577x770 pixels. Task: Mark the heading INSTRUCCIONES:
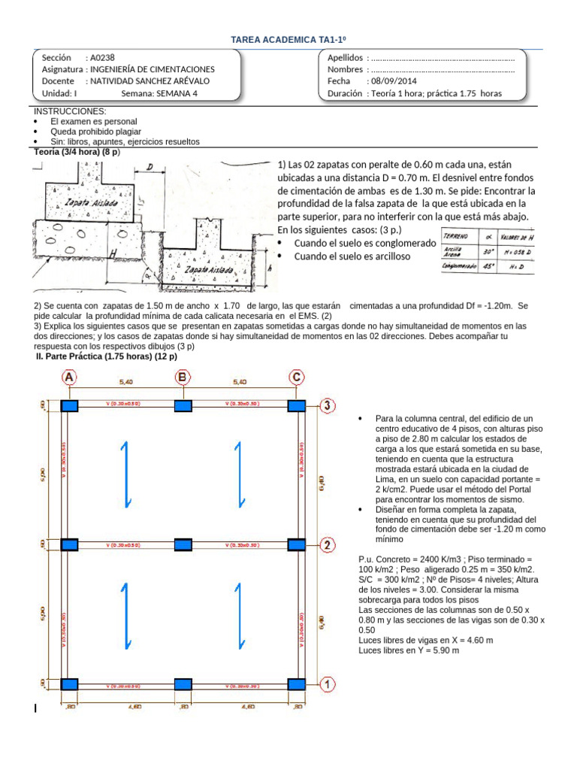point(66,111)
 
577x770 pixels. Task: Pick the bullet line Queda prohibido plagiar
point(93,131)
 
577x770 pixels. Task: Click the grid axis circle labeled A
point(69,377)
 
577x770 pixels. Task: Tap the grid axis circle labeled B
point(183,377)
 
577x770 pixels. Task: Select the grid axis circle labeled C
point(298,377)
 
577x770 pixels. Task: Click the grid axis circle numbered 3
point(327,406)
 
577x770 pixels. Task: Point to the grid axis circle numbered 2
point(327,544)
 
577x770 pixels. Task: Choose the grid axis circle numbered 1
point(327,684)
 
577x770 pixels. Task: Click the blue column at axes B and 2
point(183,544)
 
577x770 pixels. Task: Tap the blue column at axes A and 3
point(69,406)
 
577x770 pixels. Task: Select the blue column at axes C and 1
point(298,684)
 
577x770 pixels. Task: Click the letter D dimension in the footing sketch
point(150,167)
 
